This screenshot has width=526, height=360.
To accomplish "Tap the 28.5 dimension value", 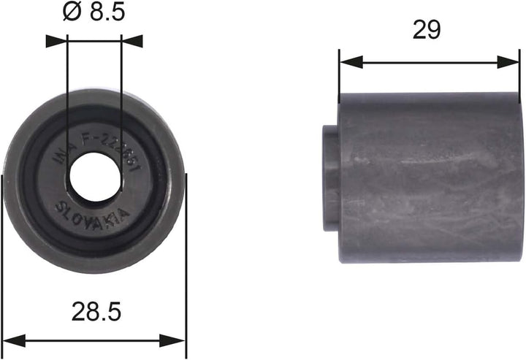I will (x=95, y=312).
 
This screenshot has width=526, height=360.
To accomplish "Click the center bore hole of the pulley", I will (x=94, y=177).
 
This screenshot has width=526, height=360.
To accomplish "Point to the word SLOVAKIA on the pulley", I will (x=93, y=214).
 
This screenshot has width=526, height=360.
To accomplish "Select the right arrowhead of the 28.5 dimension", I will (x=176, y=341).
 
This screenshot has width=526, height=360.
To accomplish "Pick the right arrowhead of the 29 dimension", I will (x=509, y=62).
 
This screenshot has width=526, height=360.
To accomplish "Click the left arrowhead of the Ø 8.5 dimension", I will (x=57, y=41).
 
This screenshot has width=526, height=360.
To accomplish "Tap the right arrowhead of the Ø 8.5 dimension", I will (x=131, y=41).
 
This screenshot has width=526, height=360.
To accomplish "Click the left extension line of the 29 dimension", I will (x=340, y=77).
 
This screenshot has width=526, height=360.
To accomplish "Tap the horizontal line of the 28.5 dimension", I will (x=95, y=341).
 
